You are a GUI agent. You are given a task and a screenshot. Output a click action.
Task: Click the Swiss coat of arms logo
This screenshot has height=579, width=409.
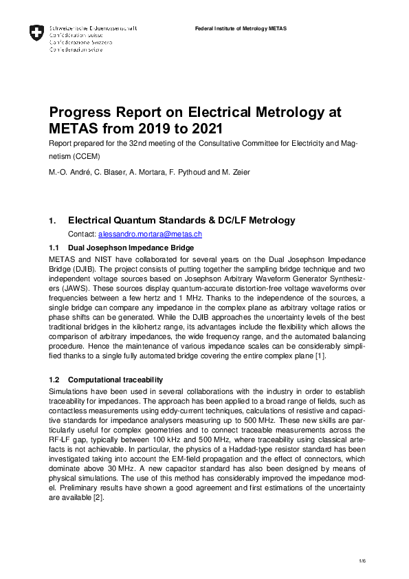pyautogui.click(x=36, y=32)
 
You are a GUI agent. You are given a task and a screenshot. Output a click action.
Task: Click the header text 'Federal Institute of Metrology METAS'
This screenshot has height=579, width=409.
pyautogui.click(x=241, y=29)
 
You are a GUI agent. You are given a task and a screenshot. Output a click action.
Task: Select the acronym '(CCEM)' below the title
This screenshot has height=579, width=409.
pyautogui.click(x=82, y=157)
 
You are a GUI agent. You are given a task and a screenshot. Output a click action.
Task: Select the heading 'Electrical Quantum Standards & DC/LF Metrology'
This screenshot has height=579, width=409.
pyautogui.click(x=181, y=221)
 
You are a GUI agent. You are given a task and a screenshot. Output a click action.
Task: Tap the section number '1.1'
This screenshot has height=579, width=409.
pyautogui.click(x=55, y=247)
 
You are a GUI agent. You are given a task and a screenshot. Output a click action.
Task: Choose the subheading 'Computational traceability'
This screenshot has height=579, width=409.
pyautogui.click(x=115, y=380)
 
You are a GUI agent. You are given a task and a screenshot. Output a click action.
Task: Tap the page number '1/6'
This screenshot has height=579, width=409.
pyautogui.click(x=362, y=562)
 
